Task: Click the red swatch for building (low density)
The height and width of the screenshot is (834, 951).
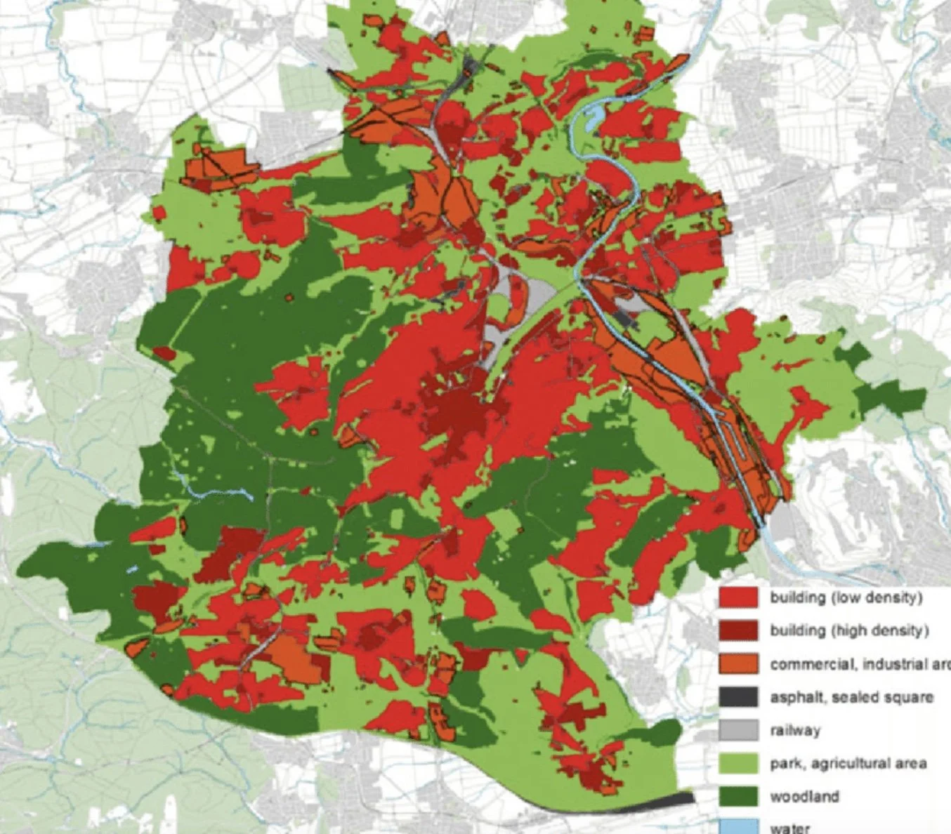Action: (x=738, y=597)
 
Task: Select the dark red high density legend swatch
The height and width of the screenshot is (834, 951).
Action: (x=738, y=630)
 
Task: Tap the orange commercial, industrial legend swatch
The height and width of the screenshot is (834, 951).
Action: (x=738, y=663)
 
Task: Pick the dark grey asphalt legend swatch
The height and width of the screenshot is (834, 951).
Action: (x=738, y=697)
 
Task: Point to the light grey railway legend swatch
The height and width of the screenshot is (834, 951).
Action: (x=738, y=730)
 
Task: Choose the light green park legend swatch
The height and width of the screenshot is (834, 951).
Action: (x=738, y=763)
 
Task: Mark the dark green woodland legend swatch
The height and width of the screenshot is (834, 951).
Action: (x=738, y=796)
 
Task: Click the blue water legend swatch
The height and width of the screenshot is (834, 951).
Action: (x=738, y=826)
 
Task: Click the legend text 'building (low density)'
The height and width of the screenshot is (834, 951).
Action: (x=846, y=597)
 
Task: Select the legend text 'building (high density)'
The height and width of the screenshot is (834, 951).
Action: (x=849, y=630)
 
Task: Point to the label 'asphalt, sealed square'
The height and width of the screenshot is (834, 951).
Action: (x=851, y=697)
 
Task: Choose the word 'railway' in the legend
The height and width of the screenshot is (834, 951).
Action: (x=795, y=730)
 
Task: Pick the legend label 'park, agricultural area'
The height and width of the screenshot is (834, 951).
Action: (x=848, y=763)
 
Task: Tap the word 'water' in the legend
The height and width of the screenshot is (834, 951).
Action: (x=790, y=828)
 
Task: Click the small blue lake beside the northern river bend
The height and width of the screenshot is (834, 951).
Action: (x=593, y=117)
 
